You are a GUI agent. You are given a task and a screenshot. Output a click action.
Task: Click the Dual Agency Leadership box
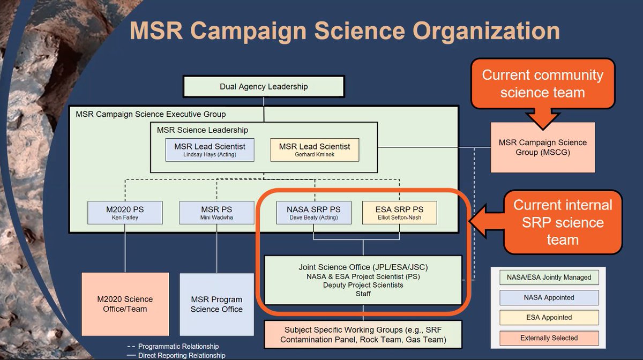(264, 86)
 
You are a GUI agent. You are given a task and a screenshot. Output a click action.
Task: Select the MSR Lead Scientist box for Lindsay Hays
(210, 150)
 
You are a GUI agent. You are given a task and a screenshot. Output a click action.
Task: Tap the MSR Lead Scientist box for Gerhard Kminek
(315, 150)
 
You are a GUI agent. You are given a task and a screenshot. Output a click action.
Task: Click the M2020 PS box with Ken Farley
(124, 212)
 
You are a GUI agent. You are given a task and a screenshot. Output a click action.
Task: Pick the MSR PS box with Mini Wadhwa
(216, 212)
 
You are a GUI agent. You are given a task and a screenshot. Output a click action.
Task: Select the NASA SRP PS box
(314, 212)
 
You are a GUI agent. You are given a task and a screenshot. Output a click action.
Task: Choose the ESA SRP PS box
(399, 212)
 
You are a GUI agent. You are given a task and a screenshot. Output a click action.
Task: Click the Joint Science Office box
(363, 280)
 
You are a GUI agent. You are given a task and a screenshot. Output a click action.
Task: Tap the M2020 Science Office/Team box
(125, 304)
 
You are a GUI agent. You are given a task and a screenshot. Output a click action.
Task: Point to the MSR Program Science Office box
(216, 304)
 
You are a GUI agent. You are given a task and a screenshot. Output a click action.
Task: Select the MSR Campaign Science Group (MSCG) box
(542, 147)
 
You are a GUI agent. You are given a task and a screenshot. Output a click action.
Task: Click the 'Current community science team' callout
(542, 84)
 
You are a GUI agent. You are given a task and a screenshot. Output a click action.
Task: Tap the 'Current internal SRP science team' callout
(562, 222)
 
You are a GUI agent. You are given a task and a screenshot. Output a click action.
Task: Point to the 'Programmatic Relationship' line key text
(178, 346)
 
